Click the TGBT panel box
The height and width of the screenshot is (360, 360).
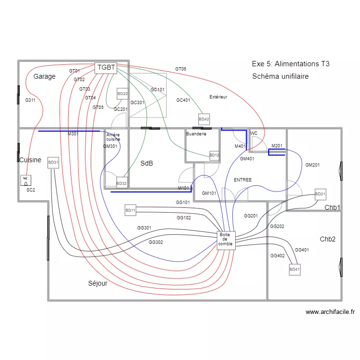[x=106, y=68]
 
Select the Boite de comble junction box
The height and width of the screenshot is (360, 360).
[x=225, y=240]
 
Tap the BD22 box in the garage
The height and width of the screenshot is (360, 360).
[x=122, y=94]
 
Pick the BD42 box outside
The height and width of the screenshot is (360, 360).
[x=204, y=119]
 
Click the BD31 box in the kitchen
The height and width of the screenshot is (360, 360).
[x=53, y=163]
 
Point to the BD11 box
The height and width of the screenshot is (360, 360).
[x=131, y=210]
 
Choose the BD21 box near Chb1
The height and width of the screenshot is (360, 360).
[x=320, y=194]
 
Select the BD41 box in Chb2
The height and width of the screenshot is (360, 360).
[x=294, y=270]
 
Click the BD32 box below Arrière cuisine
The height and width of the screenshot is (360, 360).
[x=121, y=183]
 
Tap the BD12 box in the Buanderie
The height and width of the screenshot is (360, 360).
[x=214, y=155]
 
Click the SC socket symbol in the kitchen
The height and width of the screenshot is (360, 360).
[x=26, y=180]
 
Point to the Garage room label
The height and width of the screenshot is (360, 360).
[x=44, y=76]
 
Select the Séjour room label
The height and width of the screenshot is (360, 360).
[x=97, y=283]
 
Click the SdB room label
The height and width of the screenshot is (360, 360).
[x=146, y=164]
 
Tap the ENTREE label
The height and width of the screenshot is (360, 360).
[x=242, y=180]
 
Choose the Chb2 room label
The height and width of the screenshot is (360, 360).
[x=327, y=239]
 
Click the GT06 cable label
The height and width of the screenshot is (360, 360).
[x=180, y=69]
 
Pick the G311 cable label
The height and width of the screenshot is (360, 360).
[x=30, y=100]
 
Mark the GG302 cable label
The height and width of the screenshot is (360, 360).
[x=156, y=242]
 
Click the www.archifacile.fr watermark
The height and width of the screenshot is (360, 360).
[x=330, y=312]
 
